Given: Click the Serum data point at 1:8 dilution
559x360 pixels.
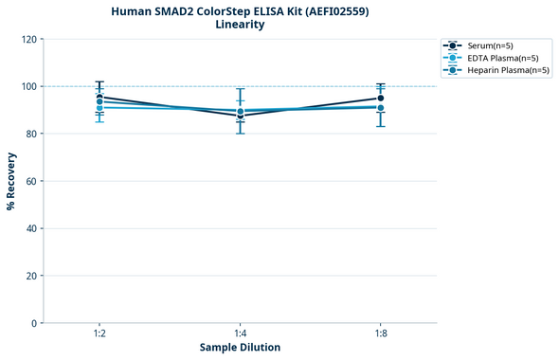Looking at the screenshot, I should pos(381,98).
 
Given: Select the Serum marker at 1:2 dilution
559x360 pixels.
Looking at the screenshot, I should pos(99,97).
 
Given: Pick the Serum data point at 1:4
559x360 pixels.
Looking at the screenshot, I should pos(241,116).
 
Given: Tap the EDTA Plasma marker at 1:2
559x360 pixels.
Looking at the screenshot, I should pos(99,107).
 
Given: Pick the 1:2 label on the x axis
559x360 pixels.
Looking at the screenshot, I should pos(99,333).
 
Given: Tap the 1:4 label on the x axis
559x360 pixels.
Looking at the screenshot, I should pos(241,333).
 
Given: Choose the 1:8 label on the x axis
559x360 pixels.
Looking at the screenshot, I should pos(381,333).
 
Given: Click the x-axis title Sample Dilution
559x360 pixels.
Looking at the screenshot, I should pos(240,348).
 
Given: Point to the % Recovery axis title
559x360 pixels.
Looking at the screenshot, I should pos(11,180).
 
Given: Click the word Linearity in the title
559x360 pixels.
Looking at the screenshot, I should pos(240,25).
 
